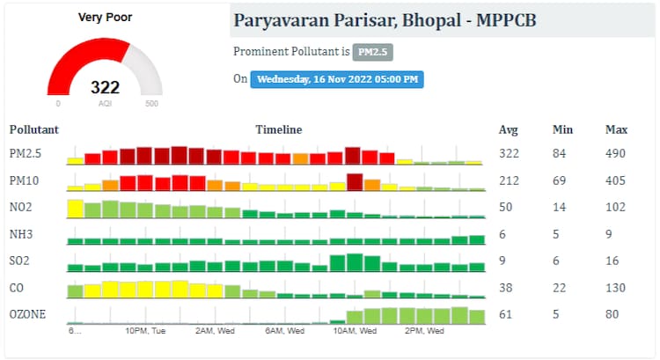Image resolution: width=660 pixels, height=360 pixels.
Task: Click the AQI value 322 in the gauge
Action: tap(105, 87)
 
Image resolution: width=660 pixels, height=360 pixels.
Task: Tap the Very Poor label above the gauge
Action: tap(105, 17)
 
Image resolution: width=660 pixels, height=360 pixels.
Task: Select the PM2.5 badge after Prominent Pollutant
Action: tap(372, 52)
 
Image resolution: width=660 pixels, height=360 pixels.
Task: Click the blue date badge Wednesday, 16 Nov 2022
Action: tap(337, 79)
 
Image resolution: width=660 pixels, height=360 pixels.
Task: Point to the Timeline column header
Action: tap(278, 129)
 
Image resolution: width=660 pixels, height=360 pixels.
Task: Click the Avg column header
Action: tap(508, 129)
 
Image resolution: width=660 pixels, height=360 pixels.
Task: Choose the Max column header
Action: tap(616, 129)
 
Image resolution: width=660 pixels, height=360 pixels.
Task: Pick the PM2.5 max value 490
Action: tap(616, 154)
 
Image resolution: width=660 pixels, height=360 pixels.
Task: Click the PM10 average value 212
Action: tap(508, 181)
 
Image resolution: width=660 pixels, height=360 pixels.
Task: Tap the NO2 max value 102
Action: tap(616, 208)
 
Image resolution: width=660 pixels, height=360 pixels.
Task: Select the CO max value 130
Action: tap(616, 287)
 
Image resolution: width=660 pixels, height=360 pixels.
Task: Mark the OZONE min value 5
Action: tap(557, 314)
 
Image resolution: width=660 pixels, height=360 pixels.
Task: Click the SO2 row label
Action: tap(19, 261)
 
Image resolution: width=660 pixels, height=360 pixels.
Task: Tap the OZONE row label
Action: tap(26, 314)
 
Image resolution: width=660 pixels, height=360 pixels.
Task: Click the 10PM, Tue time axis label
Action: tap(145, 331)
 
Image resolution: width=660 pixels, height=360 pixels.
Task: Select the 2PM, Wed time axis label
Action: tap(424, 331)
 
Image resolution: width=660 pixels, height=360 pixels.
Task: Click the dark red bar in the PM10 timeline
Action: tap(355, 181)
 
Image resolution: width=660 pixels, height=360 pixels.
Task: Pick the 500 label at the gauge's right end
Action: tap(151, 104)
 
